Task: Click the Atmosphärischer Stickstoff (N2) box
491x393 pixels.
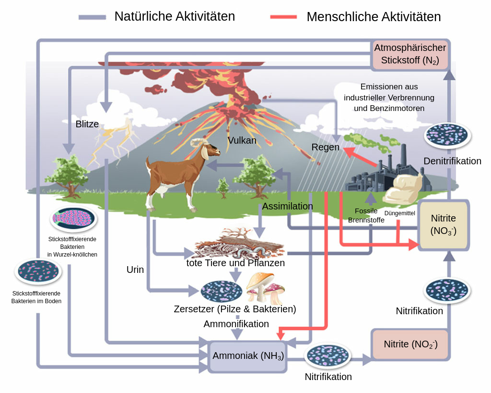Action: [410, 54]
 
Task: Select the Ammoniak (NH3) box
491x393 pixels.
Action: [248, 356]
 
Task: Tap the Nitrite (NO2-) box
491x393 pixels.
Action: [410, 344]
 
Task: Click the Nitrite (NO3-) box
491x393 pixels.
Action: [443, 225]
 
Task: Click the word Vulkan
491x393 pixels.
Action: [242, 141]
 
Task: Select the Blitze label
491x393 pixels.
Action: [87, 124]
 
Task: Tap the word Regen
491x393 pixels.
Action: [326, 147]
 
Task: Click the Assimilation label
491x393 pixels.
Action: [287, 206]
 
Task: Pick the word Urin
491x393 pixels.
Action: [135, 270]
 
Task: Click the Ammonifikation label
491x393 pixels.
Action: [236, 324]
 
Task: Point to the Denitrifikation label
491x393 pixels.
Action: [452, 161]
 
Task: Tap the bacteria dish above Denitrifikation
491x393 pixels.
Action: [447, 135]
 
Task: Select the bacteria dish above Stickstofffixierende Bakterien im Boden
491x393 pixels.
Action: [38, 271]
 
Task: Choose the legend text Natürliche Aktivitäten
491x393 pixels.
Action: [175, 16]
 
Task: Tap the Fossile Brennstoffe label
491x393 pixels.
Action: [366, 215]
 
